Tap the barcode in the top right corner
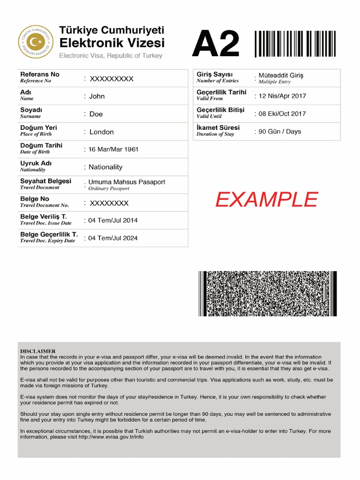point(296,44)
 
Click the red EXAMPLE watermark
point(266,200)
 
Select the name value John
point(97,96)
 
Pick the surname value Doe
point(96,114)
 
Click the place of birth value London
point(102,132)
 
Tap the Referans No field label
point(40,75)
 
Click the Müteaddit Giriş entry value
point(281,75)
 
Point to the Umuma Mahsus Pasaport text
point(127,182)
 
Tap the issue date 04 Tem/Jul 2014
point(113,220)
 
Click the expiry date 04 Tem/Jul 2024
point(113,238)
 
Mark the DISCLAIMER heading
point(38,351)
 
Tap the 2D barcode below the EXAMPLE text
point(268,293)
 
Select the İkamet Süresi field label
point(218,127)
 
